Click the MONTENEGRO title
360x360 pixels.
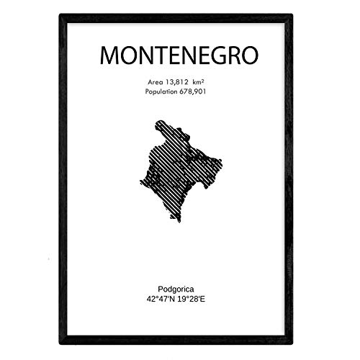179,55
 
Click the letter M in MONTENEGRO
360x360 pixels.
108,55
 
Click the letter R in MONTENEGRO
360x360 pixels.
231,55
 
